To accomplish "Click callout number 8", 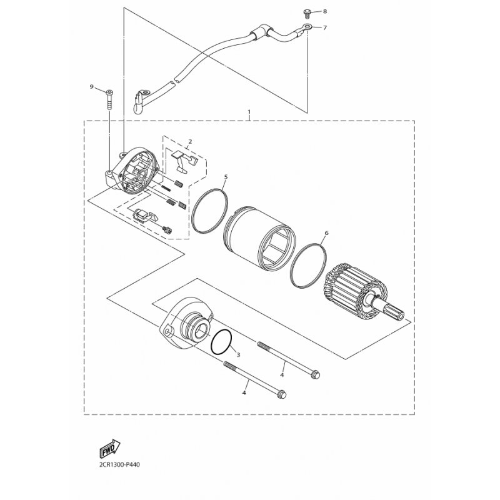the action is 324,11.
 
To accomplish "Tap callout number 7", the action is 324,27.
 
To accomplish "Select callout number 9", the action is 91,87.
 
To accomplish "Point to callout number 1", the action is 249,112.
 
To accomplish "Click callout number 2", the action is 190,141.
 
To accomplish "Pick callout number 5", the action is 226,177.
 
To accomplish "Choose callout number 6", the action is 326,233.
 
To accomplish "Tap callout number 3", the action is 238,354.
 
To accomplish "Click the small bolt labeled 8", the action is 307,14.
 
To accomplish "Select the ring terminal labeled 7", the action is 307,27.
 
